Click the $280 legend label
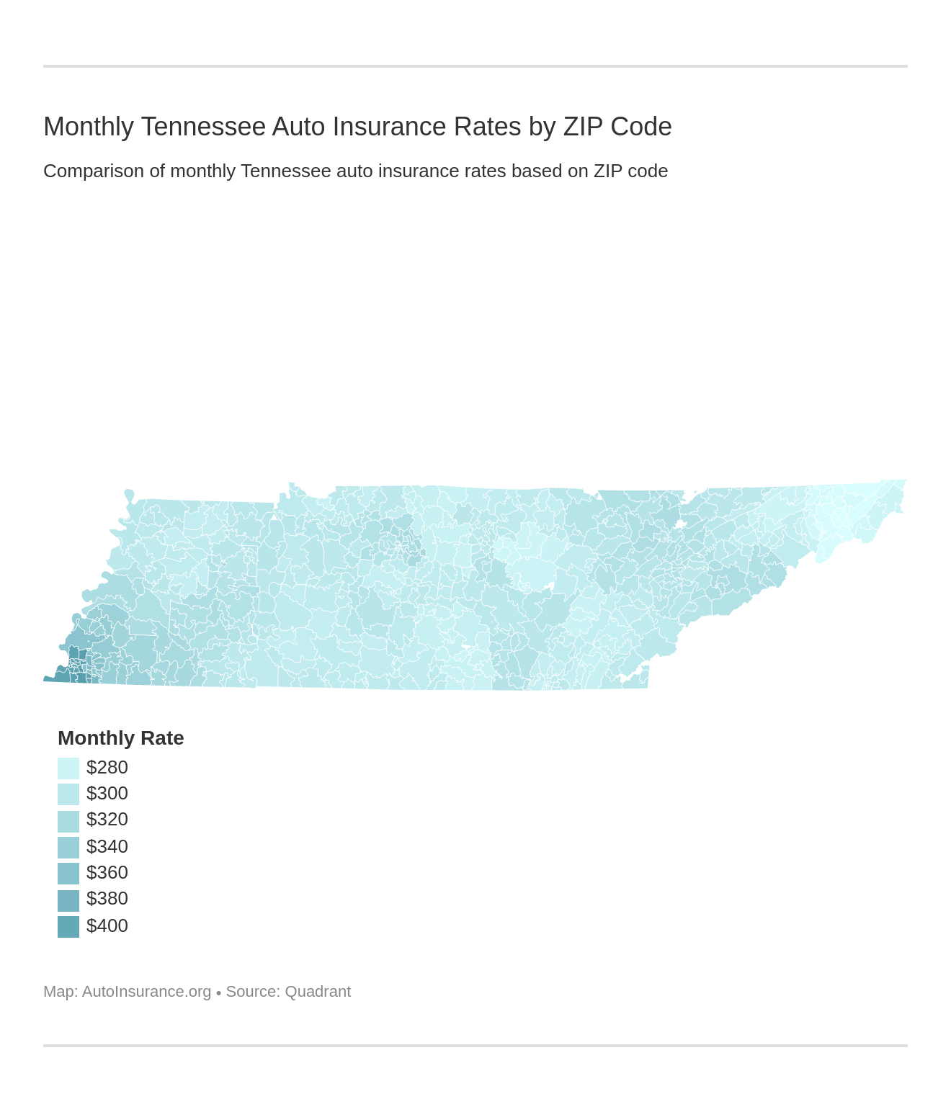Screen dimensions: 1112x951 click(107, 768)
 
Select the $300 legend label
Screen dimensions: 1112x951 click(107, 794)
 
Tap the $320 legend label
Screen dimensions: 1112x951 click(107, 820)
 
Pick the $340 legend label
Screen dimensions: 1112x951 click(107, 847)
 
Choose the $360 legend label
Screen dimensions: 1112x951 click(107, 873)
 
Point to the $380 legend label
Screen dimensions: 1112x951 click(107, 899)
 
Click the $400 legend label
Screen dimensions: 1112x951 click(107, 926)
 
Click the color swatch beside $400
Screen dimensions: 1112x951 click(68, 927)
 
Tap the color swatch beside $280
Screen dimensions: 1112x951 click(68, 768)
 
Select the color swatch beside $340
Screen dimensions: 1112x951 click(68, 848)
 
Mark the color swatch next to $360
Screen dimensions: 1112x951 click(68, 874)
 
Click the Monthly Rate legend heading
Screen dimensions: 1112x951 click(120, 738)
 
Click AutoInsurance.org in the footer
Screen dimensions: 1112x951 click(146, 992)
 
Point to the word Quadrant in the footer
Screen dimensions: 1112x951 click(318, 992)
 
